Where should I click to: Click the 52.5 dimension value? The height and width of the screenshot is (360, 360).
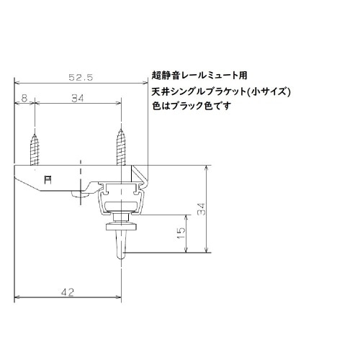81,76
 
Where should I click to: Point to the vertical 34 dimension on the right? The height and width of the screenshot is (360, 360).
203,209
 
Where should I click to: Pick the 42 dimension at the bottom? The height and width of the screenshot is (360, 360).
68,292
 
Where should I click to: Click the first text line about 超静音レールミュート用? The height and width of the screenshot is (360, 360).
199,74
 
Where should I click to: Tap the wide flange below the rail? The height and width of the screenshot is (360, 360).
122,226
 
